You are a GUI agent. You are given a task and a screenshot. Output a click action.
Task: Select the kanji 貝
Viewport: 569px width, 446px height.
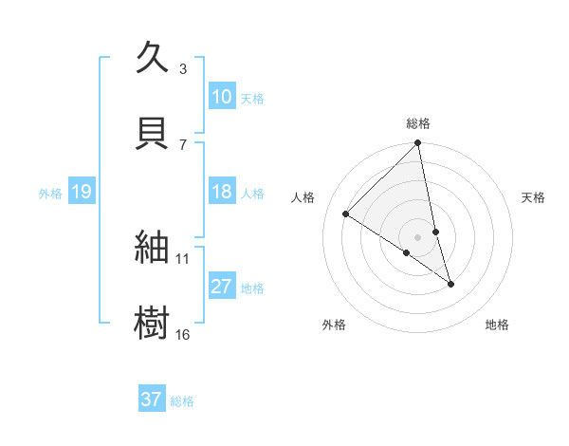(x=154, y=132)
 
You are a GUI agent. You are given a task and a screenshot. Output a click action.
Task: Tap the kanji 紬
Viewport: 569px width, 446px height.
(x=154, y=248)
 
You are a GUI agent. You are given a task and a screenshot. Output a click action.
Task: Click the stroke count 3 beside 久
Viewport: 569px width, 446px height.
(x=183, y=68)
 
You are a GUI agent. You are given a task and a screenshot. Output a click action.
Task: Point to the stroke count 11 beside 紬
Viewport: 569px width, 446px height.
(x=182, y=258)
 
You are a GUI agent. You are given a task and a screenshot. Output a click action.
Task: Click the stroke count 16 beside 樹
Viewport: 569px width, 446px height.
(x=182, y=334)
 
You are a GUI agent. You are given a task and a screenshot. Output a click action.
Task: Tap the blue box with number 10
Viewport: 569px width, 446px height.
(x=221, y=97)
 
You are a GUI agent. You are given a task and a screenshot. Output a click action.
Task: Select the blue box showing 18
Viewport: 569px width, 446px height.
(x=221, y=192)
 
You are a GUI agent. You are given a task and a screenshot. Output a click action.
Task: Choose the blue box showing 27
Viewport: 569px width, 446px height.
(x=221, y=287)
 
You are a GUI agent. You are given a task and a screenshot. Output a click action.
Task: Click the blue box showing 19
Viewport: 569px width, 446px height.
(x=81, y=192)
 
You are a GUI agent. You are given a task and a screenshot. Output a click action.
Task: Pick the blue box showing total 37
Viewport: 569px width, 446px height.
(x=151, y=400)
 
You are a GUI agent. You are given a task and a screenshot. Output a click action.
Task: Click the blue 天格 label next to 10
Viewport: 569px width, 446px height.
(x=252, y=98)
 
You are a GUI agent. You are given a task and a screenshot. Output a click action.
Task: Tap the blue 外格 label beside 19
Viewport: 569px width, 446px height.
(x=50, y=193)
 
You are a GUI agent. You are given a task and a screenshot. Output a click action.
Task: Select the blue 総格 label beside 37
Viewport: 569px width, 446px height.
(x=182, y=400)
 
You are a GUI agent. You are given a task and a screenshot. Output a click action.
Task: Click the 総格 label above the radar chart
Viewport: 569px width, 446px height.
(x=418, y=124)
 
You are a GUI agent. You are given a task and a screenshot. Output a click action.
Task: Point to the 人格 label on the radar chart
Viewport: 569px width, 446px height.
(x=304, y=197)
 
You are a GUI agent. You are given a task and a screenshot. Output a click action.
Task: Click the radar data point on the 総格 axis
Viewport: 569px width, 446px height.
(x=418, y=144)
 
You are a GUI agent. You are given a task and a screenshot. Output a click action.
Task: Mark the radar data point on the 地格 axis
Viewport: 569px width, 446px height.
(x=450, y=283)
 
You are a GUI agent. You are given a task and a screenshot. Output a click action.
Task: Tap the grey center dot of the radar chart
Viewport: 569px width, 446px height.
(x=418, y=236)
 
